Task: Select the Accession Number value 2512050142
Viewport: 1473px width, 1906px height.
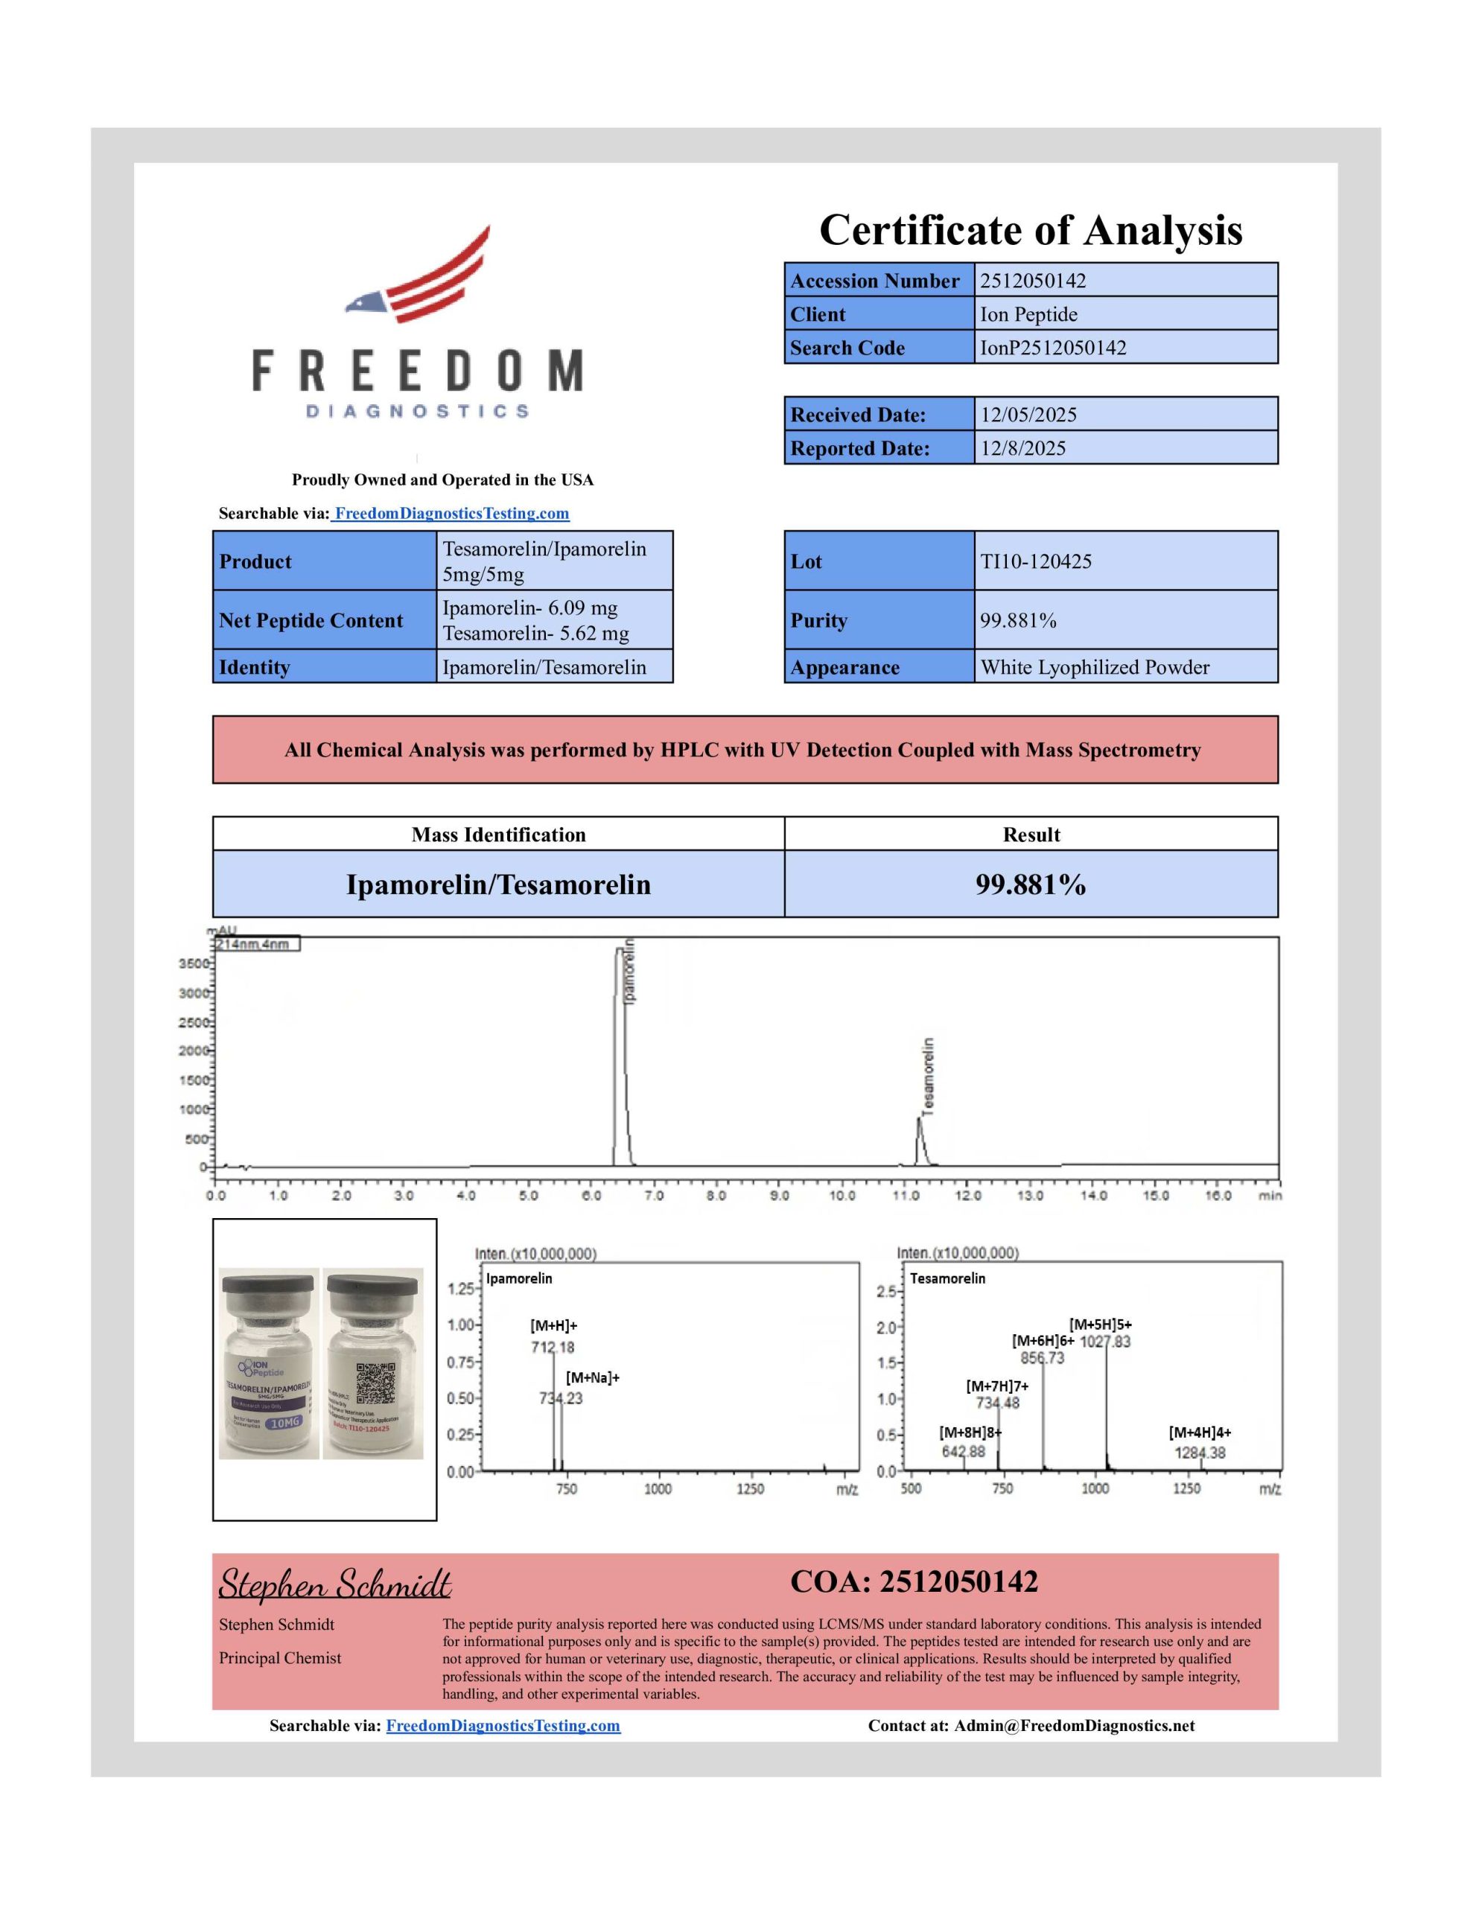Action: (1032, 281)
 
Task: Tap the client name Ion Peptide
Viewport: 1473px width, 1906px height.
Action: (1028, 314)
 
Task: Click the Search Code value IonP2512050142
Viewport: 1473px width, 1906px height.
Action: (1052, 348)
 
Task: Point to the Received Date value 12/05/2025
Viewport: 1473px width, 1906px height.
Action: (1028, 415)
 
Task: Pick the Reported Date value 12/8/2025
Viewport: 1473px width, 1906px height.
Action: (1022, 448)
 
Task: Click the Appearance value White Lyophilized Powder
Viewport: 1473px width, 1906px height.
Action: (1094, 668)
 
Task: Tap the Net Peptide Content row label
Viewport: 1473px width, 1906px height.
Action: (311, 620)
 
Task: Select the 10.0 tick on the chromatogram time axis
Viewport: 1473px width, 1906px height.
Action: (842, 1196)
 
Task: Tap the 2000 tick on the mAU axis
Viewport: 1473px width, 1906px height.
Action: (194, 1051)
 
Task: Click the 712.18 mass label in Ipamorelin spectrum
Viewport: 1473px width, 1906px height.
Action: (553, 1348)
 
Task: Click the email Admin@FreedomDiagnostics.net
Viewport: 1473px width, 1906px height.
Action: (1074, 1725)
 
